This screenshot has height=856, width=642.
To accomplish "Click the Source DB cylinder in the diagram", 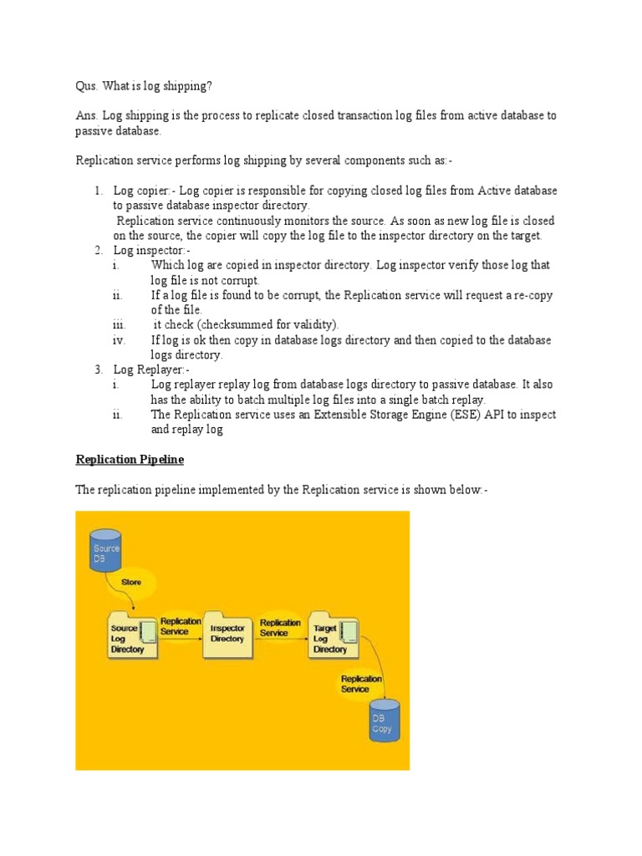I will click(105, 550).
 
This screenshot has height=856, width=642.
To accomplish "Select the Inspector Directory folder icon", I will click(227, 634).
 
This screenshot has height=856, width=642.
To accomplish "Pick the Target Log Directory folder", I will click(333, 634).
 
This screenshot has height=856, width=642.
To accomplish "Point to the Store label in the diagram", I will click(131, 582).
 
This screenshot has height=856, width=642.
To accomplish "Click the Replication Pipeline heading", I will click(130, 460).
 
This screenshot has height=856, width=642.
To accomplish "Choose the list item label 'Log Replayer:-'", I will click(152, 369).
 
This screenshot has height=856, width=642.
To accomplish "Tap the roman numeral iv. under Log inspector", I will click(119, 340).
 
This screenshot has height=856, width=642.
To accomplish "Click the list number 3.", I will click(98, 369).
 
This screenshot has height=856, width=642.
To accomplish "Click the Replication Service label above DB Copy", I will click(361, 684).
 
